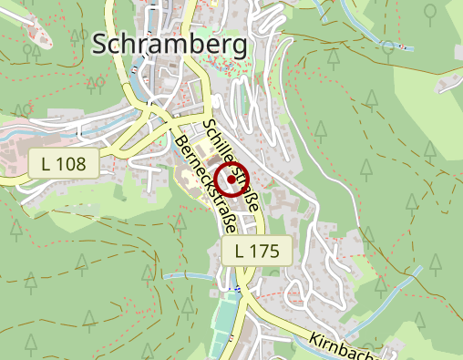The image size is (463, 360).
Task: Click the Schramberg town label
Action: [x=170, y=44]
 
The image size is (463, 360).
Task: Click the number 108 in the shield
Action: [x=69, y=165]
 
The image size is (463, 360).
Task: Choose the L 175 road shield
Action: [x=256, y=250]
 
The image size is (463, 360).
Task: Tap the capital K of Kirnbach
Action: [x=313, y=336]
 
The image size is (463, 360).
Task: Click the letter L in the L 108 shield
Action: [x=46, y=165]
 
